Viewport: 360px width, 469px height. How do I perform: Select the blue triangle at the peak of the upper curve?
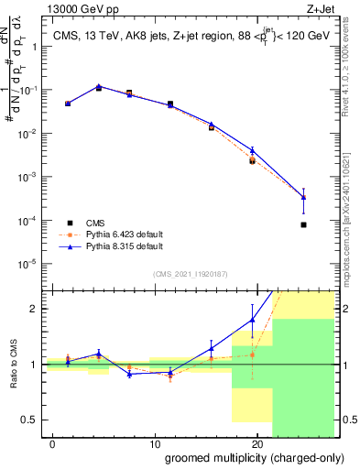tap(99, 87)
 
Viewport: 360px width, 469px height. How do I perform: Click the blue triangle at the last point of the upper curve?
tap(303, 197)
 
